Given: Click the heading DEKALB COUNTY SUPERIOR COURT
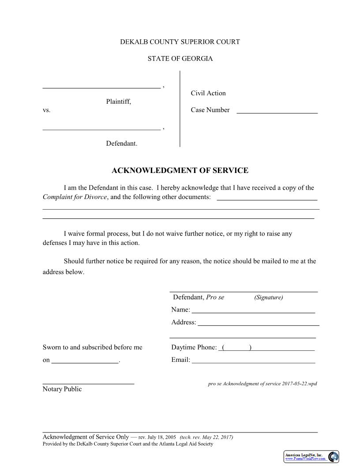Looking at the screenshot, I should point(180,42).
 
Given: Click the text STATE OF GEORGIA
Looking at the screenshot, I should point(180,59).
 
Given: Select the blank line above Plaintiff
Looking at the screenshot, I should point(101,86).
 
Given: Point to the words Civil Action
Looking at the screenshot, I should point(208,93).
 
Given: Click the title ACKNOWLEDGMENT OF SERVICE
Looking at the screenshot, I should point(180,171).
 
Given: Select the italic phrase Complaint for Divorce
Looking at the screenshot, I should point(75,197).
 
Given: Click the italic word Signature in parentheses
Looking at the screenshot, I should point(269,297).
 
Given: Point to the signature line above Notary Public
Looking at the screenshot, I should point(88,383).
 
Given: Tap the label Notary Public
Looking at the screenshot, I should point(62,389).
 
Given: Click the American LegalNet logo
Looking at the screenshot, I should point(311,457).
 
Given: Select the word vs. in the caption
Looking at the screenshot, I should point(46,110).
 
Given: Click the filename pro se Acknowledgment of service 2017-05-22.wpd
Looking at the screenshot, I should point(262,384).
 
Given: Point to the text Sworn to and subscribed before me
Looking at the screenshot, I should point(92,347).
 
